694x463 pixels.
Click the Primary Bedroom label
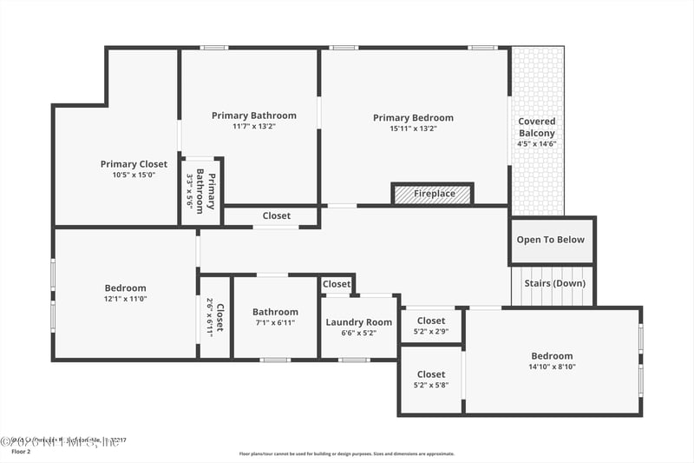click(413, 118)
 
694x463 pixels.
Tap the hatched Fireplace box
click(433, 194)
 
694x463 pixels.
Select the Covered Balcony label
click(537, 127)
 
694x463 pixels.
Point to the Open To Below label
click(551, 240)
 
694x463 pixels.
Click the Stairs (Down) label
click(554, 283)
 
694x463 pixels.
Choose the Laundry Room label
click(359, 322)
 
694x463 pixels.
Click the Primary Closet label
click(134, 164)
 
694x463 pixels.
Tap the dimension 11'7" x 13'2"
click(254, 127)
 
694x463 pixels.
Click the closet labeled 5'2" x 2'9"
click(431, 326)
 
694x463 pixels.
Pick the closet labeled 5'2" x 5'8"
click(431, 380)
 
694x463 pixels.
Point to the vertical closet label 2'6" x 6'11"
click(215, 318)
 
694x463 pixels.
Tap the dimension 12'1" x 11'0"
click(126, 300)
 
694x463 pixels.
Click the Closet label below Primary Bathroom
click(277, 215)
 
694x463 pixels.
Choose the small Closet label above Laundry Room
click(337, 284)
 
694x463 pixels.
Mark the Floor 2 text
click(20, 452)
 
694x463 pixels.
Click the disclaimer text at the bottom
click(346, 453)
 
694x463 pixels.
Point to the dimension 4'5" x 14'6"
click(537, 144)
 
